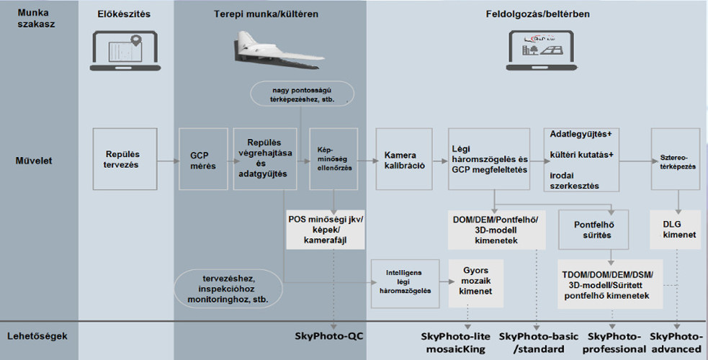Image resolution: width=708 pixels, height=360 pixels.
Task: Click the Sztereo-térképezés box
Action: click(674, 159)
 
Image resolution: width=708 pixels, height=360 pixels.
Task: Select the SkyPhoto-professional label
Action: click(616, 342)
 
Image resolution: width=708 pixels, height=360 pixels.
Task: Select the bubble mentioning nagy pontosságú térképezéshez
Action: click(303, 94)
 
